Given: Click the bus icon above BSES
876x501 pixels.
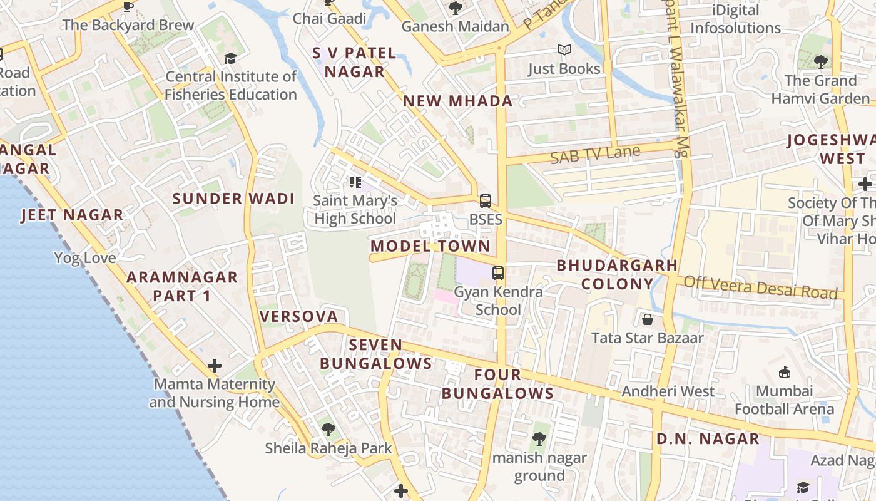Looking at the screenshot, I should point(486,201).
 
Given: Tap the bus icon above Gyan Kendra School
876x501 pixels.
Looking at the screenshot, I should point(498,273).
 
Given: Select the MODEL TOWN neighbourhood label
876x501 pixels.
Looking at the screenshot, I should point(430,246).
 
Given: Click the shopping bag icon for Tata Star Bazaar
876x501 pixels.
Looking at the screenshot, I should point(648,320).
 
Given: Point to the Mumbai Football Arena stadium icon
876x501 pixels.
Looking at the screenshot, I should point(784,373).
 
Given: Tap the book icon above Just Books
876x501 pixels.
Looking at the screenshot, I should point(564,50).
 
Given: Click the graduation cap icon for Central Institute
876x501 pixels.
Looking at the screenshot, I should point(230,58).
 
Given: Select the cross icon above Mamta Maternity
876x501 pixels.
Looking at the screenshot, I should point(215,365).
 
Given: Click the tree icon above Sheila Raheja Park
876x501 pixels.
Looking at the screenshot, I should point(328,430).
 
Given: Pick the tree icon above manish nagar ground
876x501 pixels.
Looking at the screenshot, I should point(539,439).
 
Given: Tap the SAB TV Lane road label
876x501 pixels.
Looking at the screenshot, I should point(595,154).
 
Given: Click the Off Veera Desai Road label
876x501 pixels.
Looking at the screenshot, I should point(760,287).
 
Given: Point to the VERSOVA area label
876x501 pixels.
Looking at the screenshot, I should point(299,316).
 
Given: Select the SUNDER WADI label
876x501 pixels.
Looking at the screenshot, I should point(233,199).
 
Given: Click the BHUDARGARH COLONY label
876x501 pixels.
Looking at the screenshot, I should point(617,274).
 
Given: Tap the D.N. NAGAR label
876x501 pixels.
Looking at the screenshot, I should point(708,438).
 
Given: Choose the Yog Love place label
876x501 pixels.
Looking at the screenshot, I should point(85,258).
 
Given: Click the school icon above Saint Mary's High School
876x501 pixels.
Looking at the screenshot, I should point(355,182).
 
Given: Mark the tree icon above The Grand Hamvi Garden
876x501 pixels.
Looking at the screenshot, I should point(820,62).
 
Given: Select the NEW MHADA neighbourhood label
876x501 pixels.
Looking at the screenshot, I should point(457,101).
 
